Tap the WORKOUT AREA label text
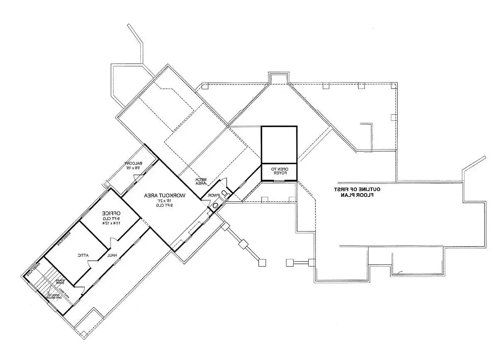[x=165, y=195]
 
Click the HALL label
[x=111, y=255]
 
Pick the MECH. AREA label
[x=201, y=181]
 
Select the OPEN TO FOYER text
[x=279, y=171]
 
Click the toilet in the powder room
[x=225, y=193]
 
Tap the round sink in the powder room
[x=215, y=206]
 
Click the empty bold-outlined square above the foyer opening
[x=279, y=144]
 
